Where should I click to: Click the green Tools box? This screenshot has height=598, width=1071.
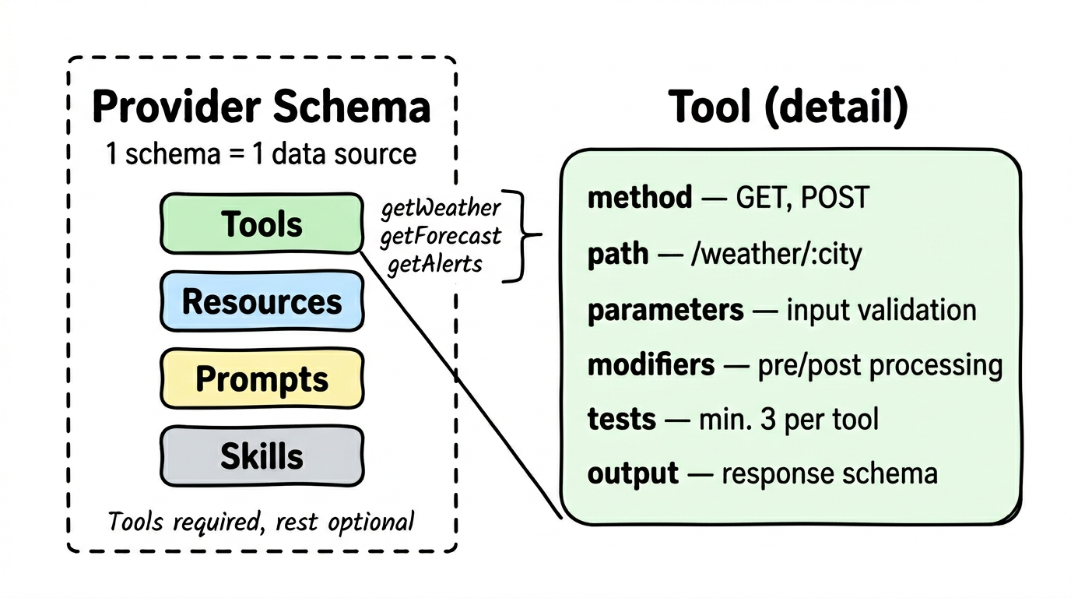click(x=262, y=224)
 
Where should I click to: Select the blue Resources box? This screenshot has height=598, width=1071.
click(x=262, y=301)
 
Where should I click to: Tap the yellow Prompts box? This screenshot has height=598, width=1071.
click(x=262, y=378)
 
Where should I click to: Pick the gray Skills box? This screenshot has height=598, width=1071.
click(x=262, y=456)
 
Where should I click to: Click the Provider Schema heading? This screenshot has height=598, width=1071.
click(x=262, y=107)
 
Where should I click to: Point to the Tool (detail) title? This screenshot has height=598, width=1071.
click(x=788, y=107)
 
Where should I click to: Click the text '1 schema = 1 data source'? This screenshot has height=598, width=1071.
click(x=262, y=153)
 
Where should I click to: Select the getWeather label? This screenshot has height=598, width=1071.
click(x=440, y=209)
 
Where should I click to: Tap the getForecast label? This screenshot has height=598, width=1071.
click(x=440, y=236)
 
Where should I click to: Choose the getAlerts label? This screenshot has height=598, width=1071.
click(x=435, y=264)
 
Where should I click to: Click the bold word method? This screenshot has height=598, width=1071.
click(x=639, y=198)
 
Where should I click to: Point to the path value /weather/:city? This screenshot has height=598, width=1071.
click(x=776, y=255)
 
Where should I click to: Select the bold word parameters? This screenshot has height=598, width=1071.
click(x=665, y=310)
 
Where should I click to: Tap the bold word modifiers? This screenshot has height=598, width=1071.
click(x=651, y=364)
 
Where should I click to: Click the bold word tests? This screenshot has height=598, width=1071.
click(x=621, y=419)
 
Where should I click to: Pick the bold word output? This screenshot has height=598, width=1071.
click(x=633, y=473)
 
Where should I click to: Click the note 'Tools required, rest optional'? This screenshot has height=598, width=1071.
click(x=262, y=521)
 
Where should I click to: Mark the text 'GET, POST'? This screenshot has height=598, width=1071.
click(x=802, y=198)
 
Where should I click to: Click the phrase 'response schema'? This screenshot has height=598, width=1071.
click(x=830, y=473)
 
